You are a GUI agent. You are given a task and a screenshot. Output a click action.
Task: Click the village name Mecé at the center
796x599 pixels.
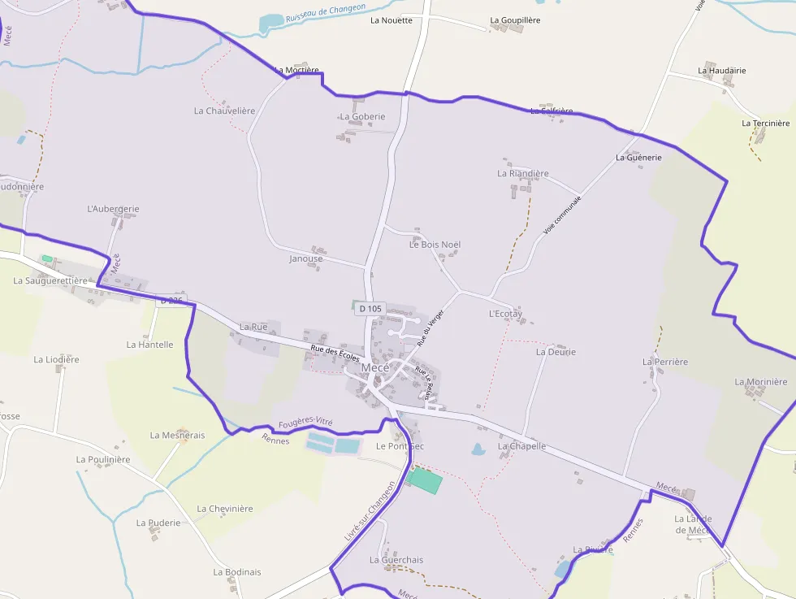pos(375,367)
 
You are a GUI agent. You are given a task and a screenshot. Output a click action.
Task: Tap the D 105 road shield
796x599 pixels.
pos(370,308)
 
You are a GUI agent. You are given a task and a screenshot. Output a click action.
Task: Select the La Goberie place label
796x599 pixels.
pos(362,116)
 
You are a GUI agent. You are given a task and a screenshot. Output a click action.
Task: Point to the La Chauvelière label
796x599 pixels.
pos(224,111)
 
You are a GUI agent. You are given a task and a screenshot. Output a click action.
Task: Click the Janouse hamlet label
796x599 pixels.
pos(305,258)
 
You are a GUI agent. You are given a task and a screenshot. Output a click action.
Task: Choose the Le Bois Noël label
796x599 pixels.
pos(435,244)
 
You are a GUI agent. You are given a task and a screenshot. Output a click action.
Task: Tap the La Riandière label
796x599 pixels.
pos(523,173)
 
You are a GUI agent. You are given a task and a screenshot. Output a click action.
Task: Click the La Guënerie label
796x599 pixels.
pos(638,157)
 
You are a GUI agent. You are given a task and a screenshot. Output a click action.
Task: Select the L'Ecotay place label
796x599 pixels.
pos(505,313)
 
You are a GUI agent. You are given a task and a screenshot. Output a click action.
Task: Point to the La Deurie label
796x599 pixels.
pos(556,352)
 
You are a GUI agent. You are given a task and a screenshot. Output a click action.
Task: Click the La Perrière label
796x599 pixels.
pos(664,362)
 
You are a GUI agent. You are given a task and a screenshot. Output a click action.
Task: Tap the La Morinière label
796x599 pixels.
pos(761,382)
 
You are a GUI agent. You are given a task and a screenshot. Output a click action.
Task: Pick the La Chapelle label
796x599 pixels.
pos(521,446)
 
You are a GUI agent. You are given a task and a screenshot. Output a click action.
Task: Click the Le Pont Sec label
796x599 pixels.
pos(400,446)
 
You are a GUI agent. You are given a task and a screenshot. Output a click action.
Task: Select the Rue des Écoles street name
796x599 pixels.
pos(335,354)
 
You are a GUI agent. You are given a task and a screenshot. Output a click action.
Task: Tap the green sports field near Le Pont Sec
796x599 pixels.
pos(425,480)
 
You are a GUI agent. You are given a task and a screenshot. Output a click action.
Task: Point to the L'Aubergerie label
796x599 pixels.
pos(113,209)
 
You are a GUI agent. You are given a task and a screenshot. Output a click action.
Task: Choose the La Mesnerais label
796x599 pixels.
pos(177,435)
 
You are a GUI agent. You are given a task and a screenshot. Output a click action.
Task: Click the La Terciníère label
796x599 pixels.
pos(765,124)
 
